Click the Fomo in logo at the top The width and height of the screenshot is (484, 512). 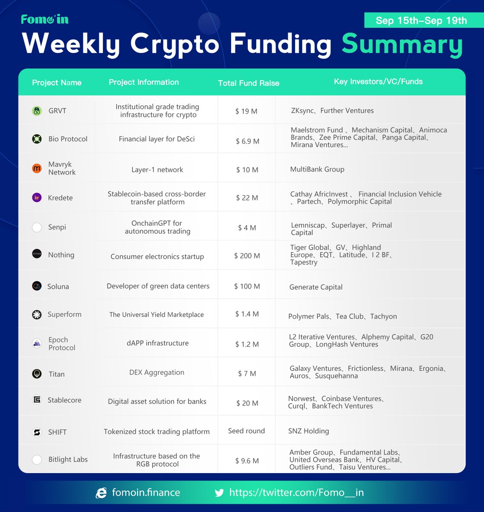(x=44, y=19)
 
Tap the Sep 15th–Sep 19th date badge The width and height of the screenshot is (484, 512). (x=421, y=20)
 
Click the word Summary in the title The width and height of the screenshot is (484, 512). (x=402, y=44)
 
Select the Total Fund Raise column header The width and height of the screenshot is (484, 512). (x=249, y=83)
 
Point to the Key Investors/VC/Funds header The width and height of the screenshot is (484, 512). (x=378, y=81)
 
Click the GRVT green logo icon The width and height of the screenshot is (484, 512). (x=37, y=111)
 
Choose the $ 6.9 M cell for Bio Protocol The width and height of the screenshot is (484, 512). (x=247, y=141)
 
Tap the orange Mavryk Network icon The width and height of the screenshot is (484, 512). (x=37, y=169)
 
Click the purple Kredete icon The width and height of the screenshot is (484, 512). (x=37, y=198)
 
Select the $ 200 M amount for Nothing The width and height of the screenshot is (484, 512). (x=247, y=256)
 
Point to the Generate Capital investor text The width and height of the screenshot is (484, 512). (x=316, y=287)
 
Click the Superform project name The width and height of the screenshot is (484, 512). (x=64, y=314)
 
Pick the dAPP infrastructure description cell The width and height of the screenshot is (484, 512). (x=157, y=343)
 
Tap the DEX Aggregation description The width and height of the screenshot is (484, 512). (x=157, y=372)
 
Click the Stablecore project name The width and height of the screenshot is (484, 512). (x=64, y=400)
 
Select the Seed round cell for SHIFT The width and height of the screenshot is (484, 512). (x=246, y=431)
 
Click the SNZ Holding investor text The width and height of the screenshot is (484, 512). (x=308, y=431)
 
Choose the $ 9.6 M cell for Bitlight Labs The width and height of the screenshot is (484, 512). (x=247, y=461)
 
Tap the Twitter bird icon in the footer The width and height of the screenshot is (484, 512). (x=219, y=493)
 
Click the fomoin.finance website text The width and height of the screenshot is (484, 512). (x=146, y=493)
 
